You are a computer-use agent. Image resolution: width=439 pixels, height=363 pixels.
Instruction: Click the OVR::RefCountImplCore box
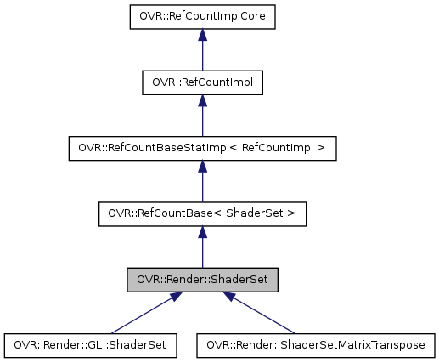[201, 15]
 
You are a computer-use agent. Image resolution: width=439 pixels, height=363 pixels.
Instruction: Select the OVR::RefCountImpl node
[201, 82]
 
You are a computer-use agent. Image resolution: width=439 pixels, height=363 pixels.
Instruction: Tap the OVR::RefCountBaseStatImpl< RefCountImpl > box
[201, 148]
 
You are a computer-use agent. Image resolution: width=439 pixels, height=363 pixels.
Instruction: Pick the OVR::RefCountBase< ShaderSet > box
[201, 213]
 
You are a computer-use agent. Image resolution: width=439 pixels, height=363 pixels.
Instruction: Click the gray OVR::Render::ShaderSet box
[201, 279]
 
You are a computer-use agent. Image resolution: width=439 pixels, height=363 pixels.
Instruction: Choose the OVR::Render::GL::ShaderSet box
[90, 345]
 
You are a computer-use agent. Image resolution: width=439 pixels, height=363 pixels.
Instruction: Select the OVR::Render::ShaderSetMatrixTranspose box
[317, 345]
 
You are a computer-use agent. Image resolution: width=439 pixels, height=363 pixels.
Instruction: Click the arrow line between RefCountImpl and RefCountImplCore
[201, 53]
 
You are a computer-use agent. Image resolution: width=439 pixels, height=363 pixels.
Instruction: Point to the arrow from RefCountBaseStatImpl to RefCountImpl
[201, 119]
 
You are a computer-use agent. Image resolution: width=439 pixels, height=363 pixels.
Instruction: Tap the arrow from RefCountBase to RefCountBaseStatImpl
[201, 184]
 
